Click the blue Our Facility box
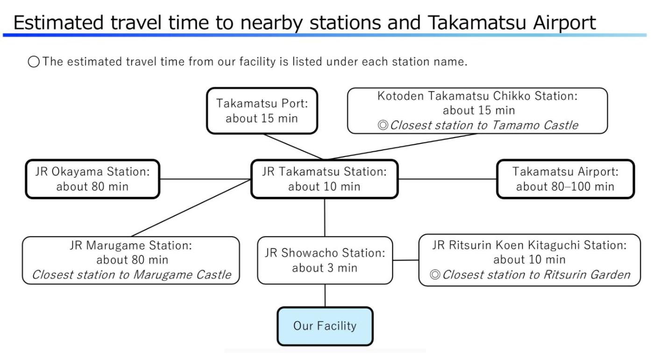(x=325, y=326)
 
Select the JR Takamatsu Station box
(x=324, y=179)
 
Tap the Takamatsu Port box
(x=262, y=111)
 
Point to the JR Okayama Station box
(x=92, y=179)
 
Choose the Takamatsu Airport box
(x=565, y=179)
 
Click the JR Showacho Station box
(x=325, y=260)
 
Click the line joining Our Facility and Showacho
(x=325, y=296)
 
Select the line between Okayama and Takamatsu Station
(x=205, y=179)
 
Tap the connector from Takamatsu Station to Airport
(x=447, y=179)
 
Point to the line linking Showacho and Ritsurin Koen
(x=405, y=260)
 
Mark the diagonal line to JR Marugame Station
(x=192, y=208)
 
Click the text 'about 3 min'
(x=325, y=268)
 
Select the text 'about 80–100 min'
(x=565, y=187)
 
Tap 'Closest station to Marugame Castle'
(x=131, y=275)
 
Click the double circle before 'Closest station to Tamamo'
(x=383, y=126)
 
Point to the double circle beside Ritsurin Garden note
(x=435, y=275)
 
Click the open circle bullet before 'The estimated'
(x=34, y=62)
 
